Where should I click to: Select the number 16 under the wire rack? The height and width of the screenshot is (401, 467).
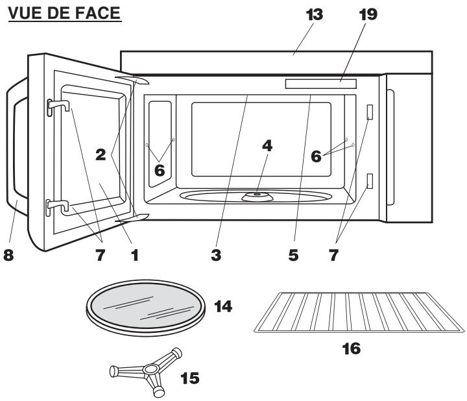coord(350,350)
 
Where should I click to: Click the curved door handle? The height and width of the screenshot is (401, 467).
coord(15,156)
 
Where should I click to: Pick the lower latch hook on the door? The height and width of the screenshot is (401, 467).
coord(54,207)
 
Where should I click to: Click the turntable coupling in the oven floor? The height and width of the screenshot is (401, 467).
coord(257,194)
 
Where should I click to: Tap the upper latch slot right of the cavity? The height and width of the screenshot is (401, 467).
coord(370,112)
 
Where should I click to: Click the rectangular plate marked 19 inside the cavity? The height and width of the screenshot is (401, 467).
coord(320,83)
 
